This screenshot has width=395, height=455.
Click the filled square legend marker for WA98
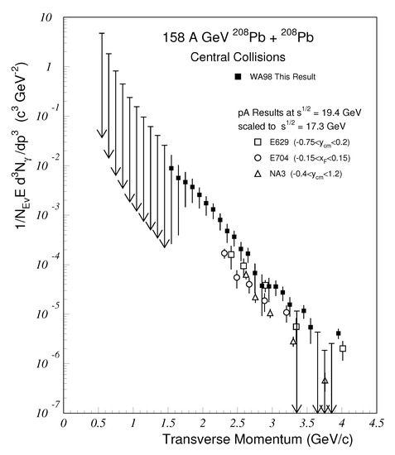237,77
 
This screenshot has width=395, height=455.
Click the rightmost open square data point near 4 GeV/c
343,348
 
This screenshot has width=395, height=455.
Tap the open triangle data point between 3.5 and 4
325,381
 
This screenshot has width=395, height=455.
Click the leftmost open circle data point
224,253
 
